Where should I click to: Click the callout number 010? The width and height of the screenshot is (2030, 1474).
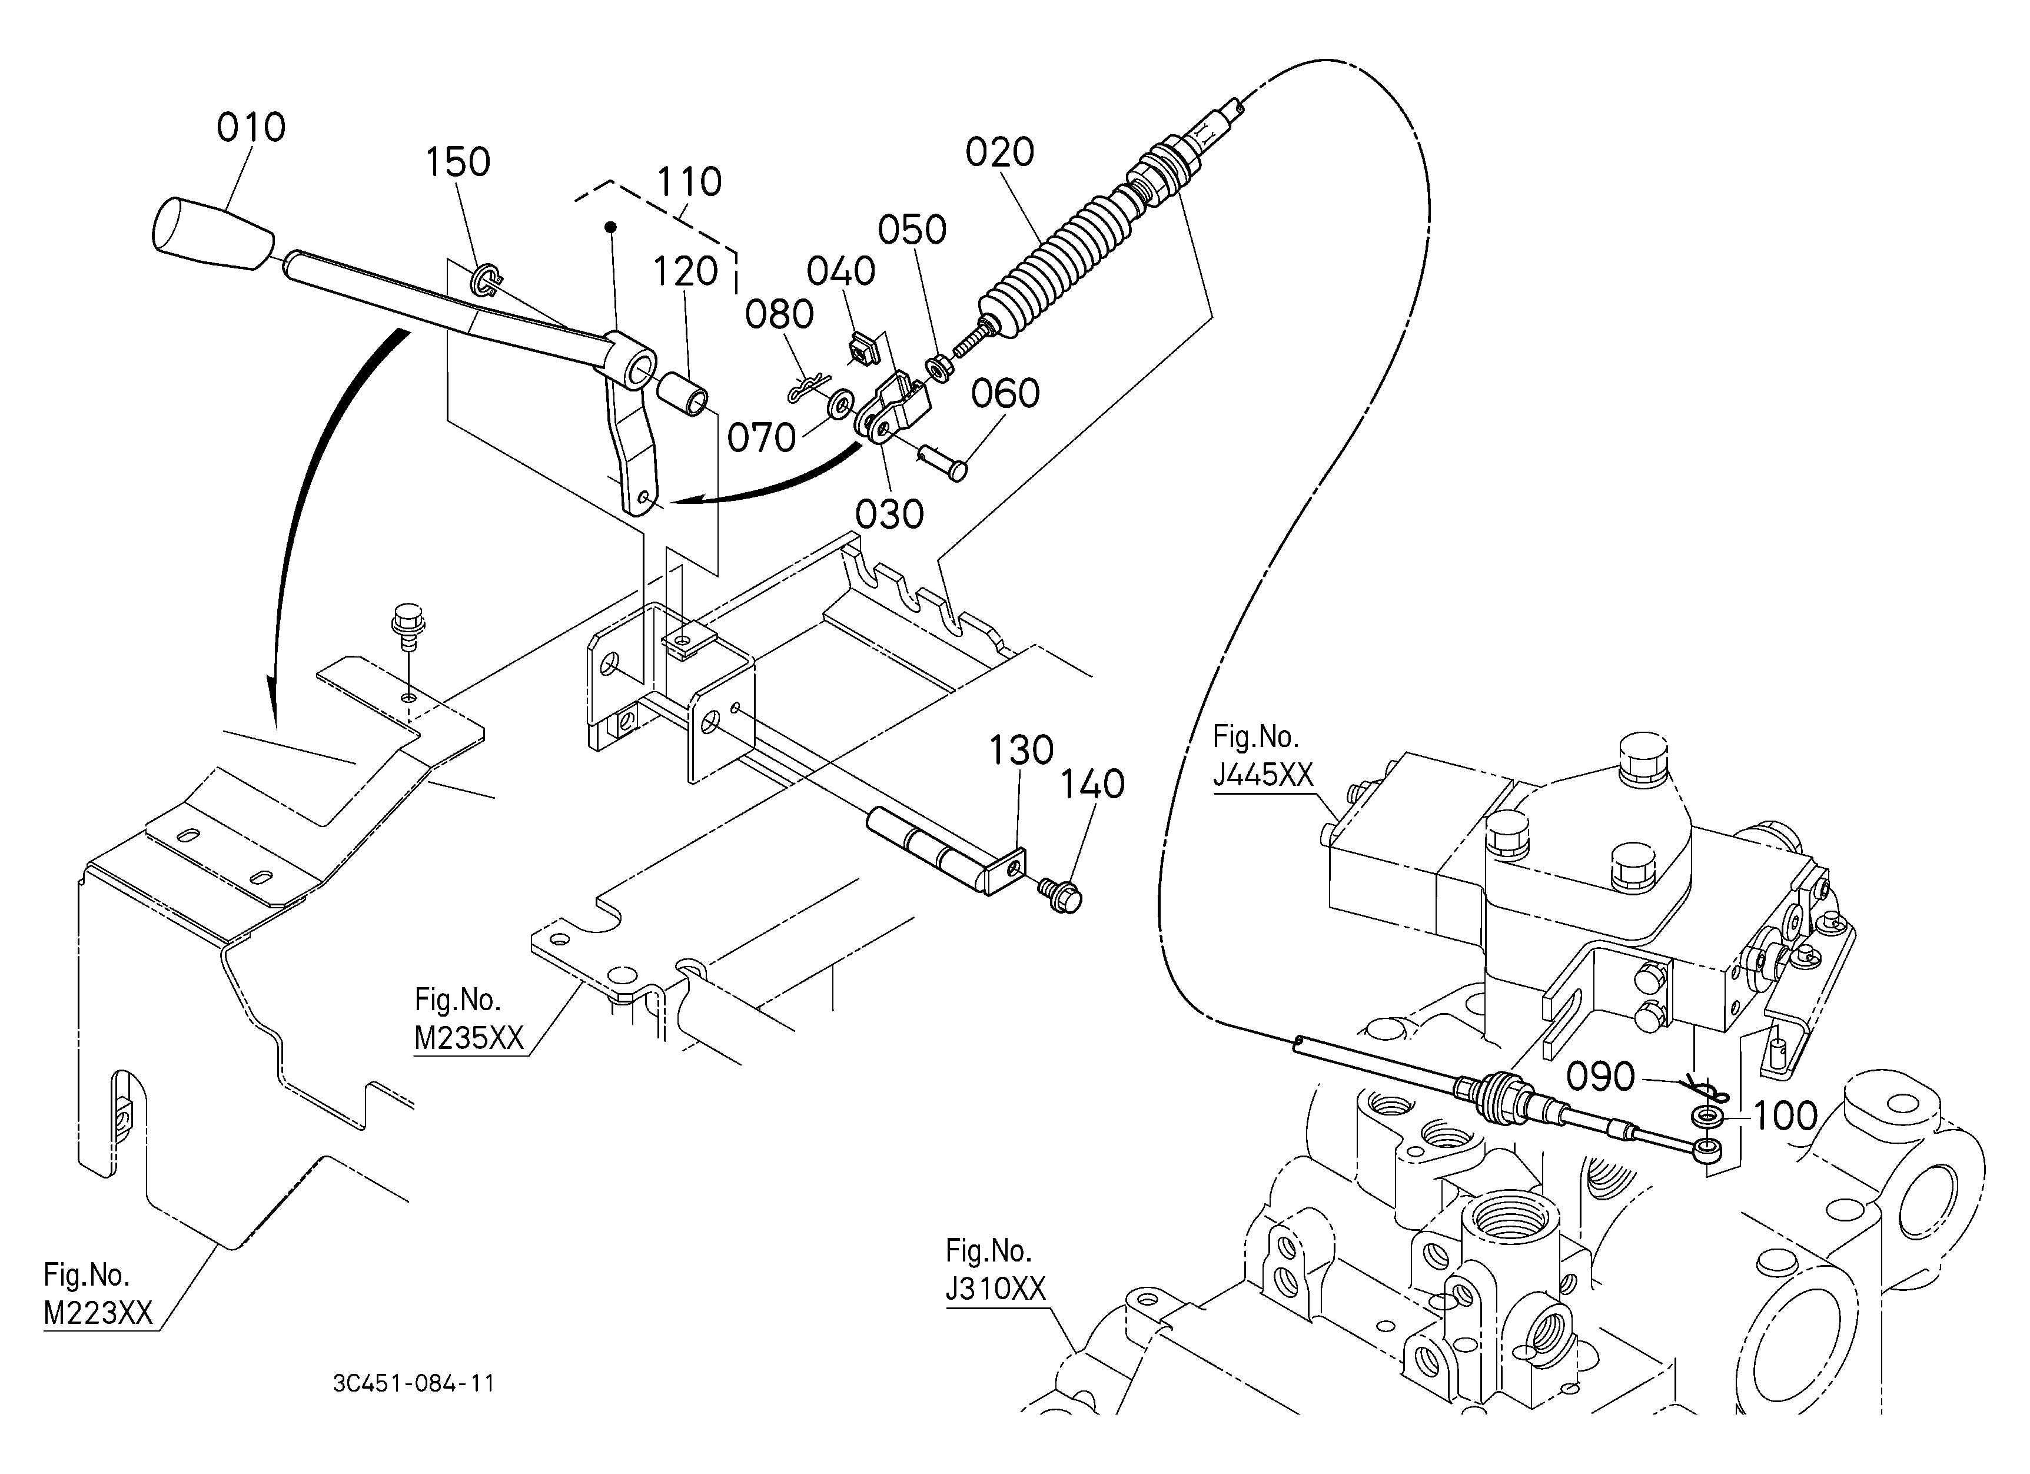point(251,128)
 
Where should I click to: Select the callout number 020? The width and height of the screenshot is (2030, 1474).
point(1000,153)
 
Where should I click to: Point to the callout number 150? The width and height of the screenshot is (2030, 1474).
point(457,163)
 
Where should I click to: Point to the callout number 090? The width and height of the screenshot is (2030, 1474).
point(1600,1077)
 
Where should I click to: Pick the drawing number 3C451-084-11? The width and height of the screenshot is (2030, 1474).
point(414,1383)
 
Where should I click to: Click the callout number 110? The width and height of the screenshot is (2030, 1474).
point(689,182)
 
